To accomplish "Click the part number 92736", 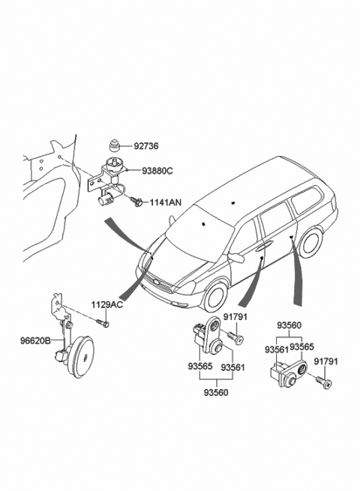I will [147, 147].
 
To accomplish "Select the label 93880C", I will [157, 171].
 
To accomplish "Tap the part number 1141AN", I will [165, 202].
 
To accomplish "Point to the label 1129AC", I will [106, 304].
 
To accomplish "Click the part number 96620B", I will [35, 341].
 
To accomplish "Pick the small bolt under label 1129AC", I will [103, 322].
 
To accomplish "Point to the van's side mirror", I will [236, 258].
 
